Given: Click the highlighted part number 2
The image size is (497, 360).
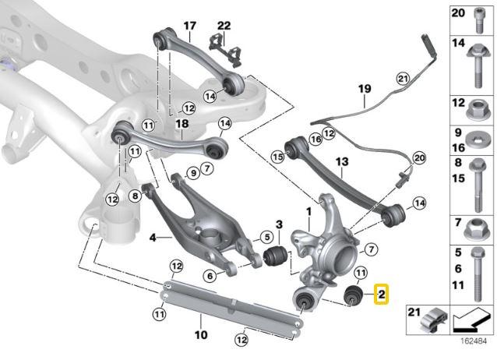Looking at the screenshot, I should [381, 295].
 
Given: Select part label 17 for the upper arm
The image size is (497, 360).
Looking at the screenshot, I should [189, 26].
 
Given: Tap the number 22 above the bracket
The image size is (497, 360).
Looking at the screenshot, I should [224, 26].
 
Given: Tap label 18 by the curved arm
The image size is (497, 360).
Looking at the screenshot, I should [182, 123].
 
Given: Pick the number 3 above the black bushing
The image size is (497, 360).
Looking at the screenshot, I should [277, 225].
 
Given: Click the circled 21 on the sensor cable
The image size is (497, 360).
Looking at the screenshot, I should [402, 78].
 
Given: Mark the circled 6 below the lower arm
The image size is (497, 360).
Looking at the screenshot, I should [210, 274].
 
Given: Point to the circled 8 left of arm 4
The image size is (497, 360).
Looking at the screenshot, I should [135, 196].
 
